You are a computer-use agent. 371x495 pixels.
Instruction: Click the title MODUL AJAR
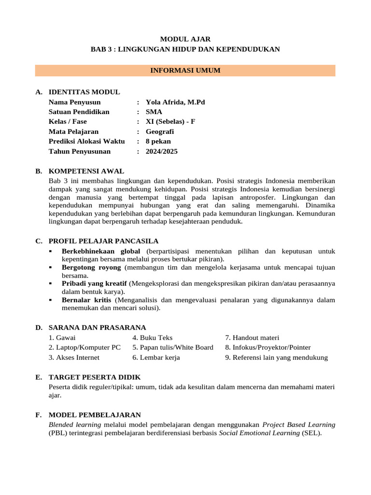click(x=185, y=39)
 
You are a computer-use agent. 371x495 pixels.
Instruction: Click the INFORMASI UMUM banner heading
click(x=185, y=71)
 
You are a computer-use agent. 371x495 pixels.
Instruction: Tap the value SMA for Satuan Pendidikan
click(x=154, y=112)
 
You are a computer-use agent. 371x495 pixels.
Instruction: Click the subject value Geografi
click(x=160, y=131)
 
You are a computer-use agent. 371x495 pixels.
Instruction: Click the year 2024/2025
click(x=162, y=151)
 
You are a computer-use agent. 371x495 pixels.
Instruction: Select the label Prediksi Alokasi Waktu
click(x=86, y=141)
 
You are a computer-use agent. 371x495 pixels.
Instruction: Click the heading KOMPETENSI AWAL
click(x=86, y=171)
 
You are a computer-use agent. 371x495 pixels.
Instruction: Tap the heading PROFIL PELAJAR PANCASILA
click(x=103, y=241)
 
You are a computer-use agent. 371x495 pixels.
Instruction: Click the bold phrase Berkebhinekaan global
click(x=101, y=251)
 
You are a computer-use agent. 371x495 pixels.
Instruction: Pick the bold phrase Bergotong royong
click(x=92, y=267)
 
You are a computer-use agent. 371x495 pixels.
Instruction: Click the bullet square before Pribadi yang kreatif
click(x=51, y=283)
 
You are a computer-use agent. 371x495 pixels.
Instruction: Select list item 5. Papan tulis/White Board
click(x=173, y=348)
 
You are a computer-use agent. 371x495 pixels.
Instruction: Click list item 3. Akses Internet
click(x=74, y=358)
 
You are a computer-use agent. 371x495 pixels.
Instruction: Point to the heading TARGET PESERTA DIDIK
click(x=95, y=377)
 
